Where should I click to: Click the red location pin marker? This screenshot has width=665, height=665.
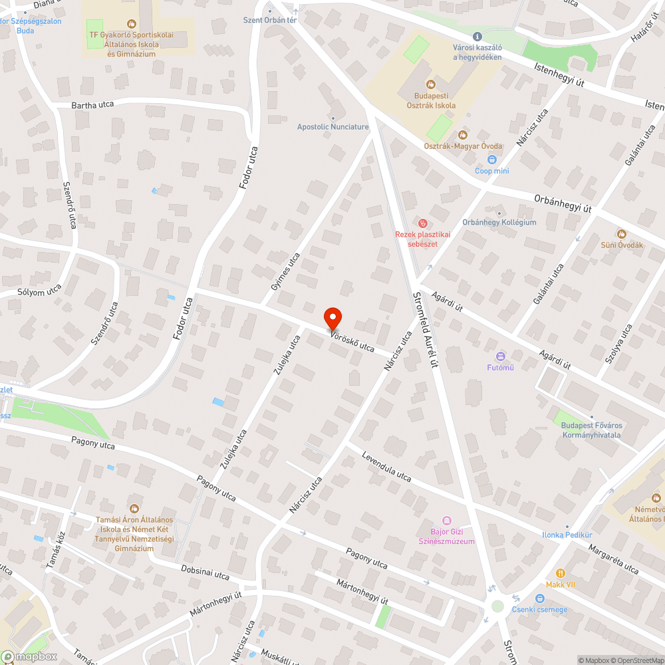click(x=332, y=319)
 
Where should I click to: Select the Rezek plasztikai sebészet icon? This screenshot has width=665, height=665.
click(x=423, y=223)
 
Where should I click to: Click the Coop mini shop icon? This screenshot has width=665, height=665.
click(x=492, y=160)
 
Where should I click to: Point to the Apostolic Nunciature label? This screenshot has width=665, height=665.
click(x=332, y=126)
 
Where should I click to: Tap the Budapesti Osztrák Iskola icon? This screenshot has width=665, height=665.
click(x=431, y=84)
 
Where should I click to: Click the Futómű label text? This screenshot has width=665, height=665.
click(x=500, y=366)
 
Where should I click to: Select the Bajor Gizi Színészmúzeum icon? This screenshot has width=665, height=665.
click(x=447, y=521)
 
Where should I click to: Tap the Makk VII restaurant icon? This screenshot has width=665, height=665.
click(x=560, y=573)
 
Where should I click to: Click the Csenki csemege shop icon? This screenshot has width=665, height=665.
click(x=539, y=598)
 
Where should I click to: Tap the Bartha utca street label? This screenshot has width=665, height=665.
click(x=92, y=105)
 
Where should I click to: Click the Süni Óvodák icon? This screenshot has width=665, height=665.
click(x=622, y=233)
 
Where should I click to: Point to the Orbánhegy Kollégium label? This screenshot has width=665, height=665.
click(x=499, y=222)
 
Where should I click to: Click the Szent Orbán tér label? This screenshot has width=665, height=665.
click(x=269, y=20)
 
